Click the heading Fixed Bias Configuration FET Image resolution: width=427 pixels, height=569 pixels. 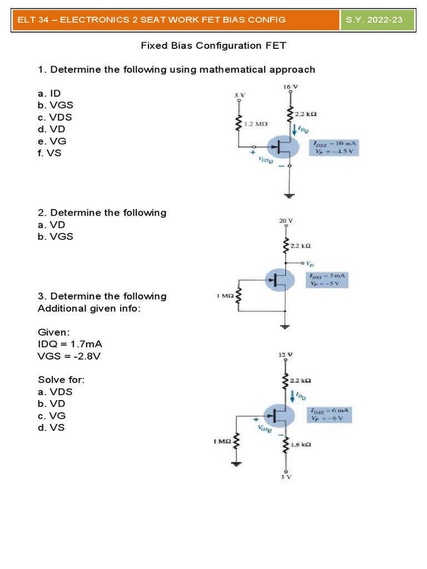coord(213,46)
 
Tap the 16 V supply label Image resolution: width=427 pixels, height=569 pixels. coord(290,87)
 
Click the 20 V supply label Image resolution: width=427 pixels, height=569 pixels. coord(286,221)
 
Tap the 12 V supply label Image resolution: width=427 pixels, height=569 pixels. coord(285,354)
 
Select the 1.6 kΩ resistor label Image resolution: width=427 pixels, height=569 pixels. coord(300,445)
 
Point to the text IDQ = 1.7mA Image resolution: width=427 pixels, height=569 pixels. coord(70,344)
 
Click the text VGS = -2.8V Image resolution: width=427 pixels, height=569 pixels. coord(69,356)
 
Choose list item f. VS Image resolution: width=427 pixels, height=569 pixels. coord(49,153)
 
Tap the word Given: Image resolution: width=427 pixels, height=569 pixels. coord(54,332)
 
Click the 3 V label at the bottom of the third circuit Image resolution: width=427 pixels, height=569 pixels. coord(286,477)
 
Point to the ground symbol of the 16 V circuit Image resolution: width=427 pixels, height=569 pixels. coord(290,194)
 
